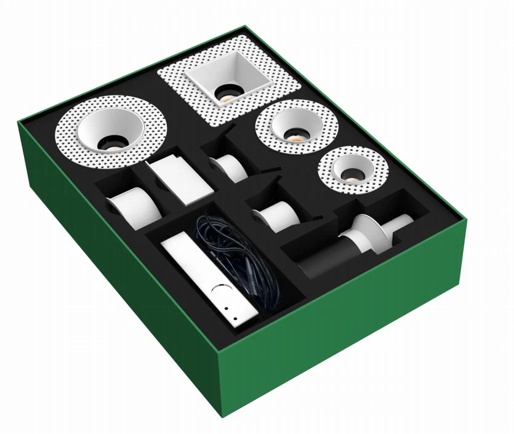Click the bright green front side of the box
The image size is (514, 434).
pos(345,332)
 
